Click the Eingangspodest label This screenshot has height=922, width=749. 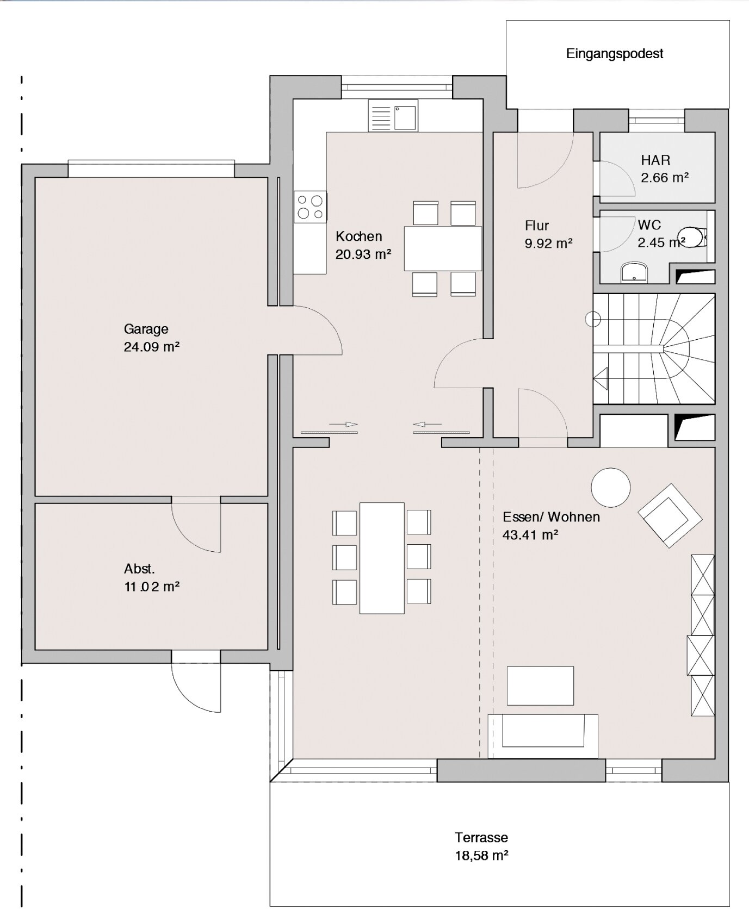615,54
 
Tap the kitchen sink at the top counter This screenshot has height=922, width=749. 393,115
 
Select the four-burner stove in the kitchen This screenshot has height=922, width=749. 311,207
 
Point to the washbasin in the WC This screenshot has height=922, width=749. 635,273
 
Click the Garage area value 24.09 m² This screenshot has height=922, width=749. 152,347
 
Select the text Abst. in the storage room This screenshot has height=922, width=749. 139,569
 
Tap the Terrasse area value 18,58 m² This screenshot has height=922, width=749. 482,856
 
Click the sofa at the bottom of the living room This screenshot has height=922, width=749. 543,736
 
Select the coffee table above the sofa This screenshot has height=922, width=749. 540,686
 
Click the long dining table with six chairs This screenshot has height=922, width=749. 382,558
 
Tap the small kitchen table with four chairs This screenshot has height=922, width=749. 443,248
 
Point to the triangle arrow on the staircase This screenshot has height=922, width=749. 601,378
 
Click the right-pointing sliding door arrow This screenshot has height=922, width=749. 344,424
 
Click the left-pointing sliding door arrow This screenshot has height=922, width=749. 428,424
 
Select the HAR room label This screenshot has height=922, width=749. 655,160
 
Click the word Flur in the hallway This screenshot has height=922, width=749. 537,226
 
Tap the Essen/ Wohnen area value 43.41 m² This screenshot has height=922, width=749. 530,535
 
